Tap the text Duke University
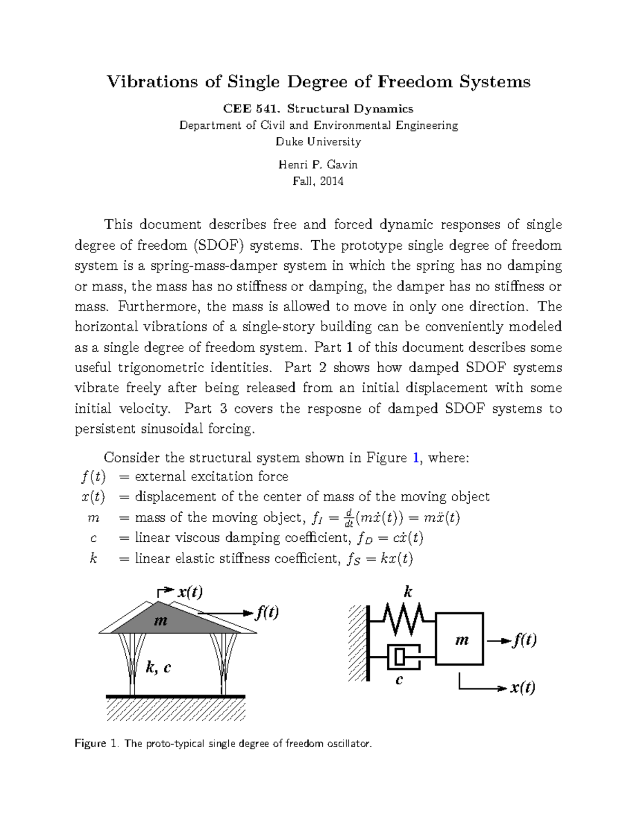tap(319, 142)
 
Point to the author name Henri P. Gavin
tap(318, 165)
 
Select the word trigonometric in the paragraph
tap(192, 367)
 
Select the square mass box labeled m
tap(460, 639)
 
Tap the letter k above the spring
tap(407, 591)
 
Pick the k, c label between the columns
tap(158, 667)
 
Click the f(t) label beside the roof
tap(267, 612)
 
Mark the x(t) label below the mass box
tap(522, 687)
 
